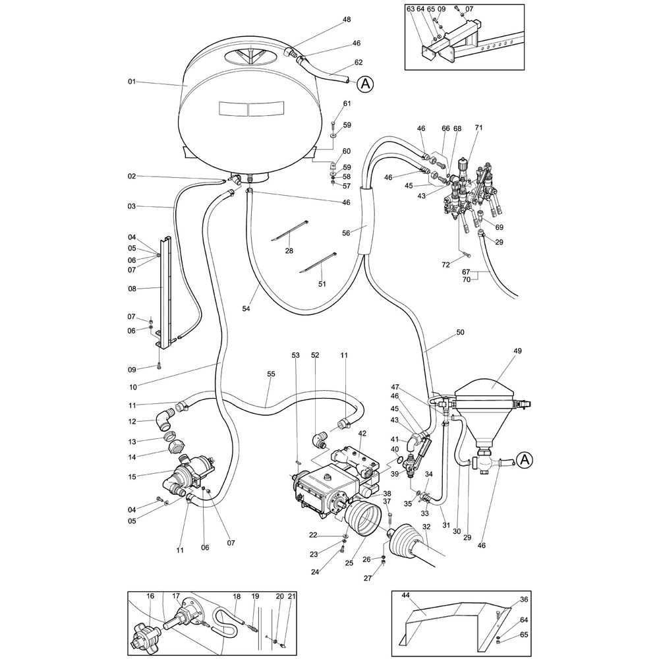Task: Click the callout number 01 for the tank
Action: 131,82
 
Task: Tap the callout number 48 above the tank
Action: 347,20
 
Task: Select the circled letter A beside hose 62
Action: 366,84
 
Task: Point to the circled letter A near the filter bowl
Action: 525,459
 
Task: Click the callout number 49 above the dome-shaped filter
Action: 517,351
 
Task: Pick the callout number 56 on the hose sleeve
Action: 347,232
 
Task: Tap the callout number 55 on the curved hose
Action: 271,374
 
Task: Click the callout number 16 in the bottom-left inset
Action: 150,596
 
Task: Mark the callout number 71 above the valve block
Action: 479,127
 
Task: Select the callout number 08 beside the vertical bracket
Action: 131,288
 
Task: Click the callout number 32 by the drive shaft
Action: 426,527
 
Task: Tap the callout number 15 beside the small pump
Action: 131,476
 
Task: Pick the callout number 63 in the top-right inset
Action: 411,9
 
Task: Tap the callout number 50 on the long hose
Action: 460,333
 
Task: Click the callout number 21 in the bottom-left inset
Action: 292,596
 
